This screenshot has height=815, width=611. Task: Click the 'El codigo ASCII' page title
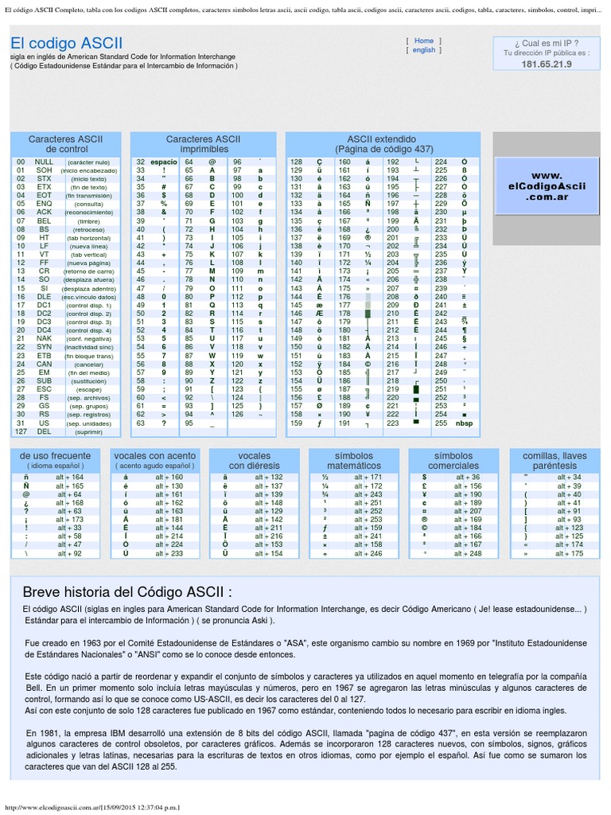point(67,43)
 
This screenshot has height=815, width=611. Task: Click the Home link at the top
point(424,41)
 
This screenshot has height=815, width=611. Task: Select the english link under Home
point(423,50)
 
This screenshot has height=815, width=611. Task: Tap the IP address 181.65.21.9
point(546,64)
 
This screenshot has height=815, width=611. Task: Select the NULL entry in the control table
point(44,162)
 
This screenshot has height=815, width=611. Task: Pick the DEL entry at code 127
point(44,432)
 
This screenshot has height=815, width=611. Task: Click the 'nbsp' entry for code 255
point(463,423)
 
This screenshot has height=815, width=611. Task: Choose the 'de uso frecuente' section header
point(49,460)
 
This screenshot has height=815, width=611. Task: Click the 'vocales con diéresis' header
point(254,460)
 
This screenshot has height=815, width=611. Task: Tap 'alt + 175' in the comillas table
point(568,553)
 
